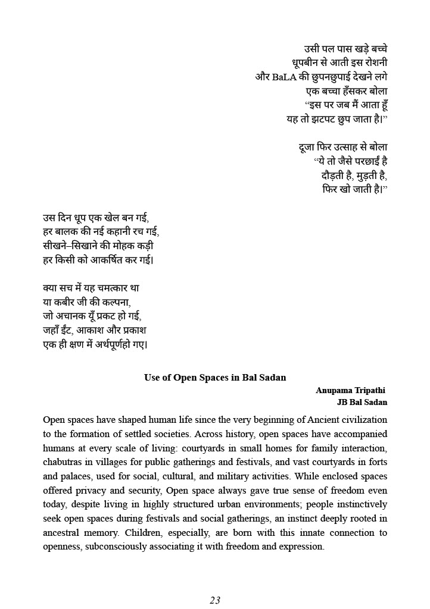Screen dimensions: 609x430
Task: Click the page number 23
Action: click(x=215, y=600)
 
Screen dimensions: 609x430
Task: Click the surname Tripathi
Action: click(x=370, y=391)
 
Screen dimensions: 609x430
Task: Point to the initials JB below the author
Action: click(x=344, y=402)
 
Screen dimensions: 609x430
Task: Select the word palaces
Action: click(x=77, y=476)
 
